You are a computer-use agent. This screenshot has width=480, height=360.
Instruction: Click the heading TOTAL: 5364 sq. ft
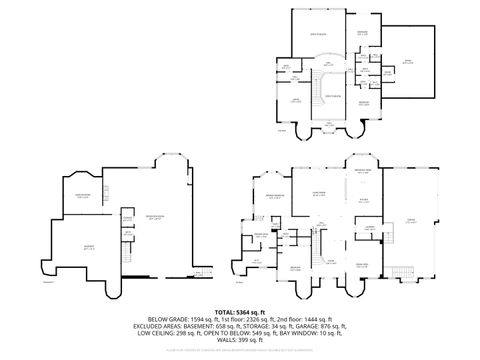[240, 313]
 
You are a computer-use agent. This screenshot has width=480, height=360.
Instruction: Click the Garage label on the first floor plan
[411, 221]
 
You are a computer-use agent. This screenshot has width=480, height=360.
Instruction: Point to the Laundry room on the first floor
[369, 227]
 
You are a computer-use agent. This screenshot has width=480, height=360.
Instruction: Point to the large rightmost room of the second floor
[408, 61]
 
